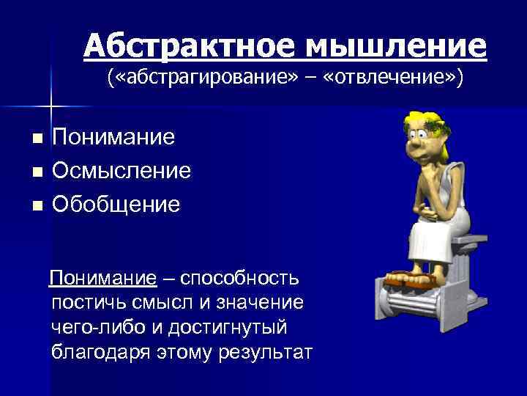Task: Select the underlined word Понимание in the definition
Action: coord(103,279)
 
